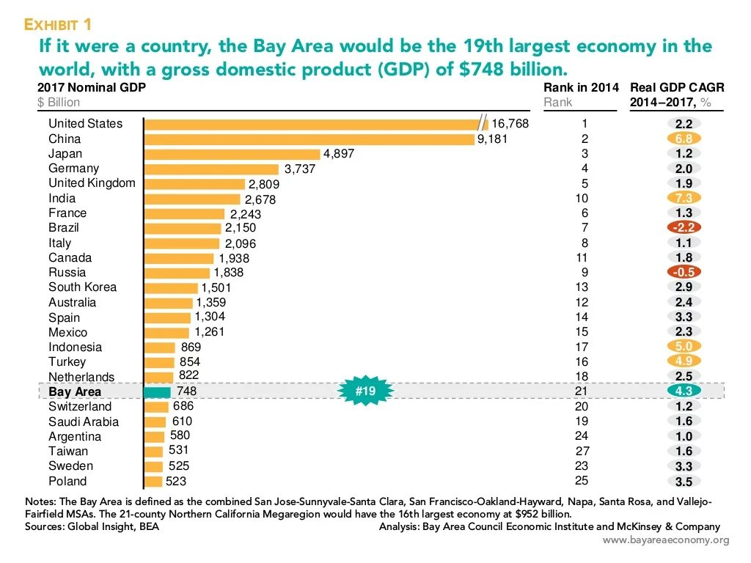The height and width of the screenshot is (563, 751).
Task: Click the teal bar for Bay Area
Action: tap(158, 392)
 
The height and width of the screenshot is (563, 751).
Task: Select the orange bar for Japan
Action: tap(232, 154)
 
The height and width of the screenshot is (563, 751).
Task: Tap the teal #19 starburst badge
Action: tap(365, 391)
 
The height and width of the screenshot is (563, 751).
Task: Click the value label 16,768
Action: tap(510, 124)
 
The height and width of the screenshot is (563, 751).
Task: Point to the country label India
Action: tap(62, 198)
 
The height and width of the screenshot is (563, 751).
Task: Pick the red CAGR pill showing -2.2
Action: tap(684, 228)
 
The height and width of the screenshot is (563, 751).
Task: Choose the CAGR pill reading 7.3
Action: tap(684, 198)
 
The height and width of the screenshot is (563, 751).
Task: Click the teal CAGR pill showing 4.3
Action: tap(684, 391)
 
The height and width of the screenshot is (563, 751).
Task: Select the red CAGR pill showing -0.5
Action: tap(684, 272)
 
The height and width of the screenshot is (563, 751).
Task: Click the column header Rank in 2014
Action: tap(581, 88)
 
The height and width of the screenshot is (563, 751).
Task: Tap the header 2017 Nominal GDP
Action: tap(91, 88)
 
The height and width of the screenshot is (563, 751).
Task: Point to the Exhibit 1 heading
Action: tap(58, 25)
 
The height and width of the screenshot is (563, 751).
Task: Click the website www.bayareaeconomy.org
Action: tap(666, 540)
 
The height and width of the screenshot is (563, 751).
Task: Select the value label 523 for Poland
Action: tap(176, 482)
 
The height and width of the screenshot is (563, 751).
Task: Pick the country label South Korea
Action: tap(82, 287)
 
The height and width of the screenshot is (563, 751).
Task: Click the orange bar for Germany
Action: tap(212, 169)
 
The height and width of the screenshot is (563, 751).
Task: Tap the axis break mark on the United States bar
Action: tap(483, 123)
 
